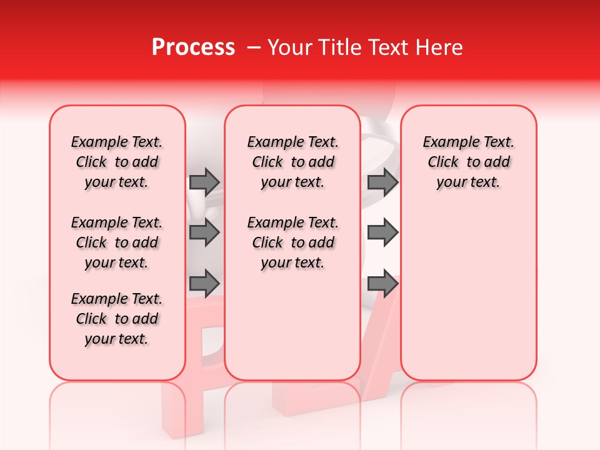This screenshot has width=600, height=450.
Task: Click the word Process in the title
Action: pyautogui.click(x=193, y=47)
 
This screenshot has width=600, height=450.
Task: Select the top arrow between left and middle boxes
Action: pyautogui.click(x=204, y=182)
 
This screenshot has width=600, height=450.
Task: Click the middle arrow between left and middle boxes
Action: pyautogui.click(x=204, y=232)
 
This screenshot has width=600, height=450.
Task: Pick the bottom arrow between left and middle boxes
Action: pyautogui.click(x=204, y=284)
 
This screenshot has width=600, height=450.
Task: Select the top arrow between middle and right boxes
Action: pyautogui.click(x=382, y=182)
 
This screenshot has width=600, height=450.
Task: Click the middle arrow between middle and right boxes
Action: pyautogui.click(x=382, y=232)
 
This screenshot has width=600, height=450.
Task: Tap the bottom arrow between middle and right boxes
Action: pyautogui.click(x=382, y=284)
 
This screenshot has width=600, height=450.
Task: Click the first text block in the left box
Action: pyautogui.click(x=117, y=162)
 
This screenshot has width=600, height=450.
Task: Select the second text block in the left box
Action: pyautogui.click(x=117, y=242)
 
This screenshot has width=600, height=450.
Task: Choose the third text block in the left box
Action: pyautogui.click(x=117, y=319)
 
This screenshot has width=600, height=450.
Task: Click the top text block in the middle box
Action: pyautogui.click(x=292, y=162)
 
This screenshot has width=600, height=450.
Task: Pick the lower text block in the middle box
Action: pyautogui.click(x=292, y=242)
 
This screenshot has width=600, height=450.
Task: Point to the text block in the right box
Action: pyautogui.click(x=468, y=162)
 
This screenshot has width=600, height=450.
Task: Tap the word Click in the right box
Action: pyautogui.click(x=443, y=162)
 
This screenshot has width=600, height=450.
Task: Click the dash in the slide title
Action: pyautogui.click(x=254, y=47)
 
